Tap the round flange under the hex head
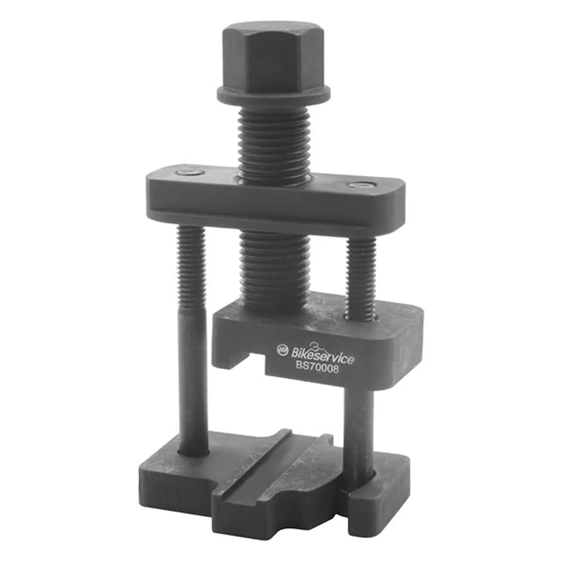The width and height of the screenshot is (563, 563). click(273, 96)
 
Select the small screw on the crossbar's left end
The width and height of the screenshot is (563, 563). click(189, 173)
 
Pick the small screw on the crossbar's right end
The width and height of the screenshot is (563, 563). click(361, 185)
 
